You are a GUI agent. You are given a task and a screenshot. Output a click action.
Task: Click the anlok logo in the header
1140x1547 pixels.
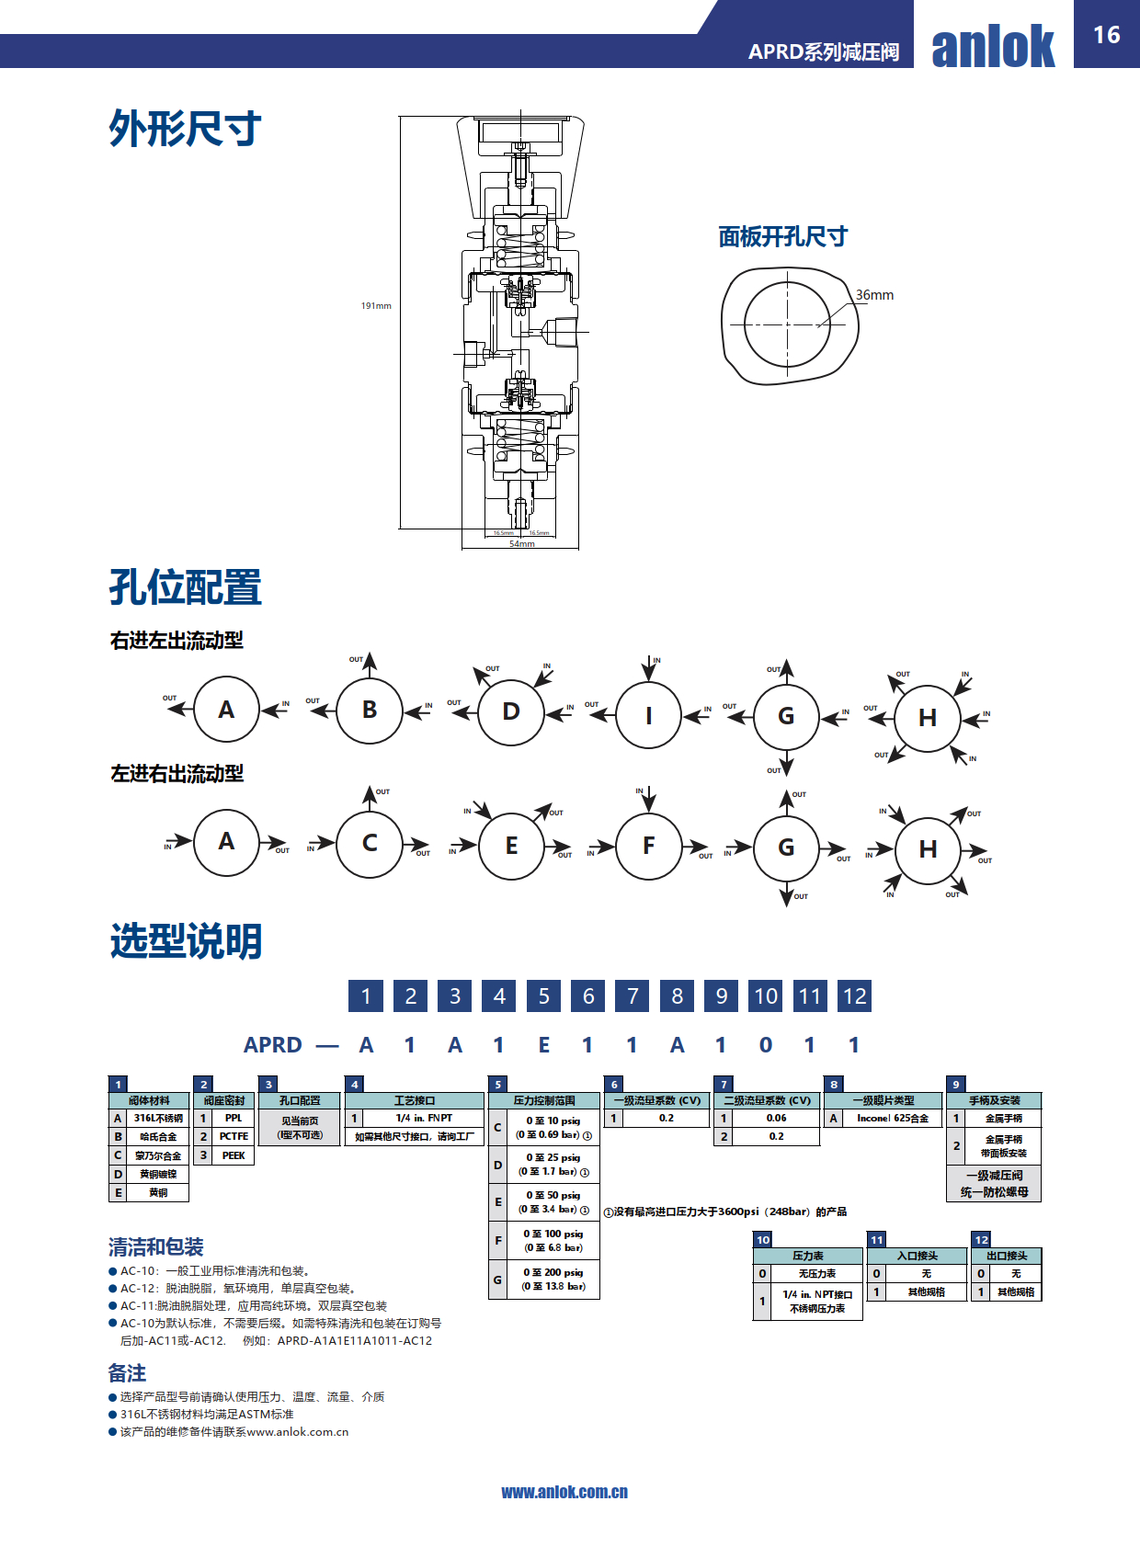coord(993,46)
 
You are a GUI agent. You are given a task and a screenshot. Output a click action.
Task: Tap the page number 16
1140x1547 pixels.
coord(1106,35)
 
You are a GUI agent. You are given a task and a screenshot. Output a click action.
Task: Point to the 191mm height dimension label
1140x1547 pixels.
coord(376,306)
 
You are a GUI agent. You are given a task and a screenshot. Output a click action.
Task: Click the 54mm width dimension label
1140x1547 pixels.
coord(521,544)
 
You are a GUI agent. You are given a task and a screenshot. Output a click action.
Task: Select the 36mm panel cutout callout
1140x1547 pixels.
coord(874,295)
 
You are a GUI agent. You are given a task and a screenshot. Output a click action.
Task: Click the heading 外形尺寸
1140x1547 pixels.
coord(185,129)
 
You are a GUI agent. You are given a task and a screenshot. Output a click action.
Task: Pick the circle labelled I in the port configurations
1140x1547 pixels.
coord(649,715)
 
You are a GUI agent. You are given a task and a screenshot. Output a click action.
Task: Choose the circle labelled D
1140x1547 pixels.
coord(511,711)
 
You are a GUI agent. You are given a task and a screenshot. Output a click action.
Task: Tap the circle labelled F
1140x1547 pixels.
coord(649,847)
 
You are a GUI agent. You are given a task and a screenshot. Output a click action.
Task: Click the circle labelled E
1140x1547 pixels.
coord(511,847)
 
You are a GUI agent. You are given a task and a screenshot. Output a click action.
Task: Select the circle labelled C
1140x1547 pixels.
coord(370,844)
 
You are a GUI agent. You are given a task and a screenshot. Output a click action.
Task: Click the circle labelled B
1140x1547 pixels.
coord(370,711)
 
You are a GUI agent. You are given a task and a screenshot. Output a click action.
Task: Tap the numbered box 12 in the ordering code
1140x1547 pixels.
coord(855,996)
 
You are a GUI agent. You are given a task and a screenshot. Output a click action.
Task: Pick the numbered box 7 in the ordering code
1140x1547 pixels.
coord(633,996)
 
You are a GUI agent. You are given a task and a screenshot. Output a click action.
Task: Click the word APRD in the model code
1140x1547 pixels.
coord(273,1045)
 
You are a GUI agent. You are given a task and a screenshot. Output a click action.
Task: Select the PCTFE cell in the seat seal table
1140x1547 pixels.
coord(234,1137)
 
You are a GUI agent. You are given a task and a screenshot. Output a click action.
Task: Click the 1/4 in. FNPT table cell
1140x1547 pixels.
coord(424,1119)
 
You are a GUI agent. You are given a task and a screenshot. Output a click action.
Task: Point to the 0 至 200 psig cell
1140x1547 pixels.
coord(553,1280)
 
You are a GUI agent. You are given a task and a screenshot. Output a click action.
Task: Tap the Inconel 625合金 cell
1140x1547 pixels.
coord(893,1119)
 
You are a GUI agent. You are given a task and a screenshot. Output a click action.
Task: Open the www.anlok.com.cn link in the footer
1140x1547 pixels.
coord(564,1493)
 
